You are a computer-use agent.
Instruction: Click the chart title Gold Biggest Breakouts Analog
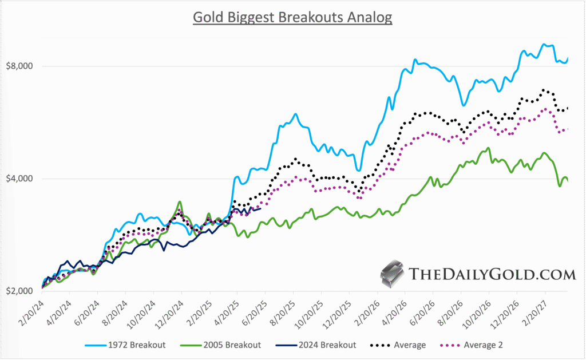coord(292,17)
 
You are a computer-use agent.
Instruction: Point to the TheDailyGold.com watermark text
coord(492,274)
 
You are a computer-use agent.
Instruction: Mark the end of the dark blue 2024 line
coord(261,208)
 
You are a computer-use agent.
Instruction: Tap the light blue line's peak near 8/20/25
coord(296,114)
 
